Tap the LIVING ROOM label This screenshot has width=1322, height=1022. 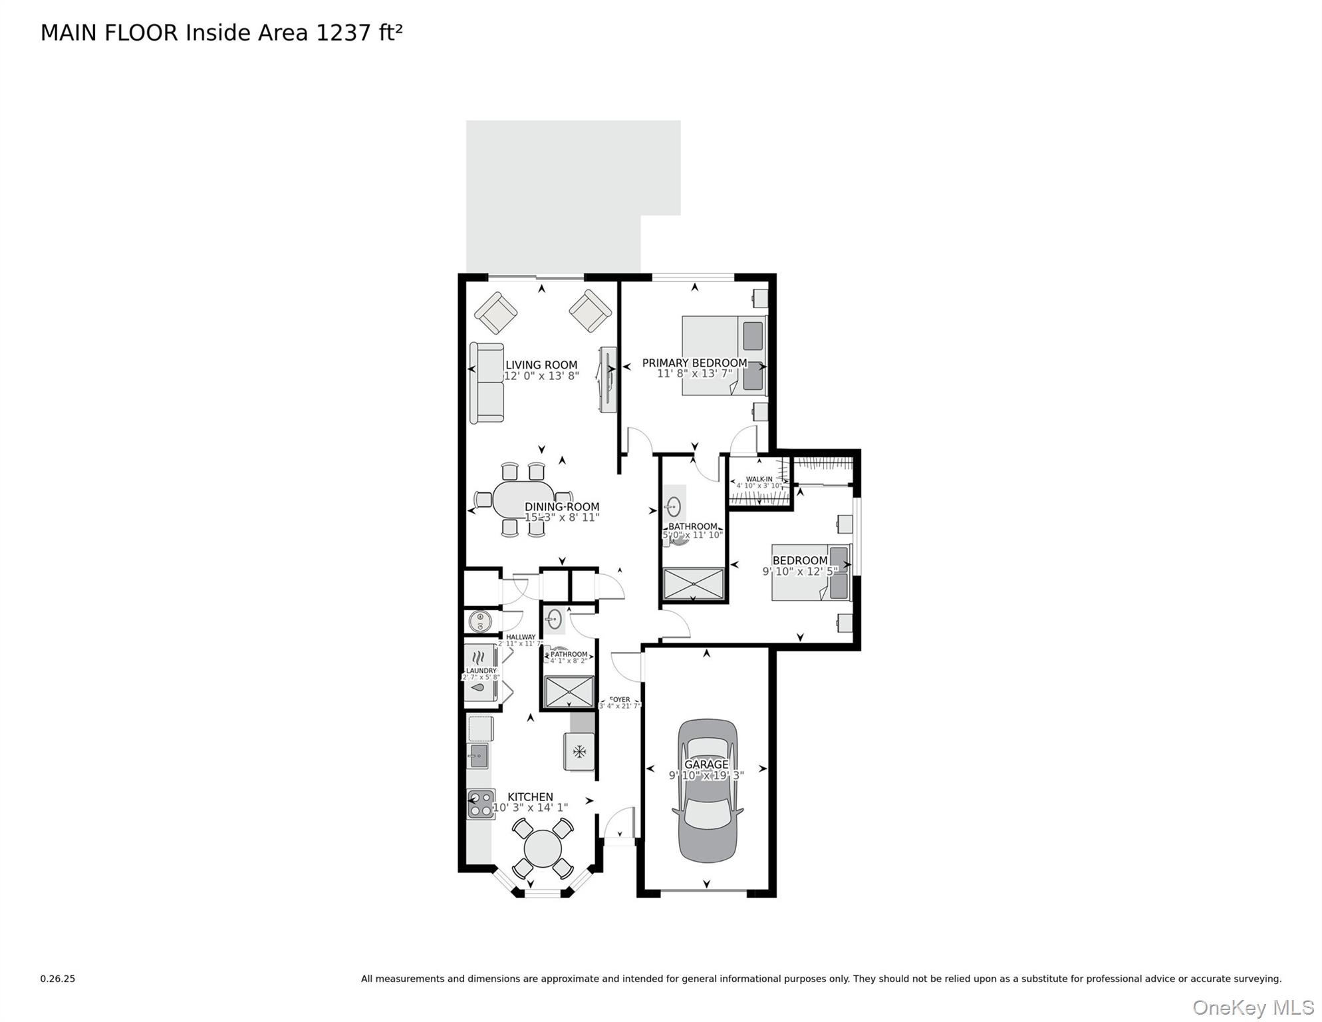click(x=541, y=365)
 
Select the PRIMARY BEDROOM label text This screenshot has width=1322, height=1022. click(x=694, y=363)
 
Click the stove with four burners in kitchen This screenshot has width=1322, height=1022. click(x=481, y=803)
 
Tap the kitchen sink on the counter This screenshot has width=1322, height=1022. click(x=477, y=756)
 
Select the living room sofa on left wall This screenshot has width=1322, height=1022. click(x=487, y=383)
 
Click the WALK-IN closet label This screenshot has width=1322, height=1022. click(x=759, y=479)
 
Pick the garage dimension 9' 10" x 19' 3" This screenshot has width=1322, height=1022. click(x=706, y=775)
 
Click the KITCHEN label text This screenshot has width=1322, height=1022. click(x=530, y=796)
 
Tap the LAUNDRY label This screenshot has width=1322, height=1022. click(x=481, y=671)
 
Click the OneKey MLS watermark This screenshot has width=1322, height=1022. click(x=1253, y=1007)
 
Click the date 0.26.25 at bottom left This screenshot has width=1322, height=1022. click(x=58, y=979)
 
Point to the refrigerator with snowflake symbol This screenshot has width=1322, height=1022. click(x=579, y=752)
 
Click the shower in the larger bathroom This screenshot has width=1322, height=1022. click(x=694, y=584)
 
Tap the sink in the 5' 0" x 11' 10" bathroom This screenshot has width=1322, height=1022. click(x=673, y=507)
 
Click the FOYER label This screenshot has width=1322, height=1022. click(x=620, y=699)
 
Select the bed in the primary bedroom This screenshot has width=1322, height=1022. click(x=724, y=355)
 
